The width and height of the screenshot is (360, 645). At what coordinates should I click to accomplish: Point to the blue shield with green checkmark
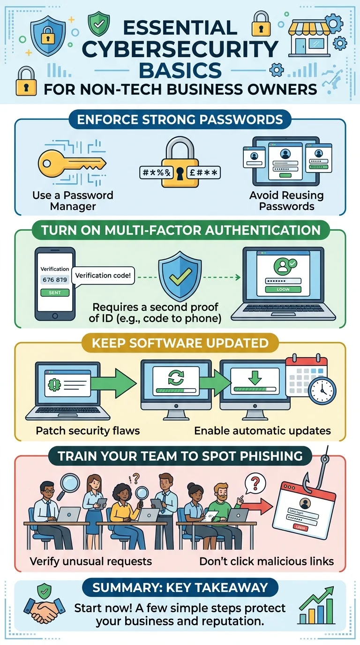pyautogui.click(x=177, y=277)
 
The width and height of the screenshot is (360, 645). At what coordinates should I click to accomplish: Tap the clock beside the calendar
pyautogui.click(x=322, y=389)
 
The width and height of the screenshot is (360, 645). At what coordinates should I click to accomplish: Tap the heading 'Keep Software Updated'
pyautogui.click(x=180, y=343)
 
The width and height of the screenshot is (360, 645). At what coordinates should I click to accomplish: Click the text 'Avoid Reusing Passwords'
pyautogui.click(x=286, y=201)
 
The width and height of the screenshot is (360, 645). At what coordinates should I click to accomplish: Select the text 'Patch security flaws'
pyautogui.click(x=88, y=430)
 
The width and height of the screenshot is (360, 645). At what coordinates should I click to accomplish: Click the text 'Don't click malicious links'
pyautogui.click(x=266, y=561)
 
